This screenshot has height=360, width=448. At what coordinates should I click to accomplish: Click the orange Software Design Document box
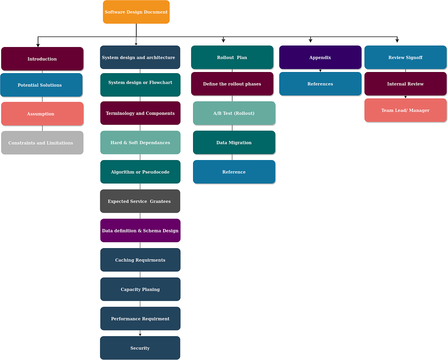click(136, 12)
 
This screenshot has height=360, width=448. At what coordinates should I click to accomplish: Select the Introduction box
click(42, 59)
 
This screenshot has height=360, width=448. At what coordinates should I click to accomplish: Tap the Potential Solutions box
click(41, 85)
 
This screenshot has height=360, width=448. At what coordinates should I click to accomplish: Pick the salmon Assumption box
click(42, 114)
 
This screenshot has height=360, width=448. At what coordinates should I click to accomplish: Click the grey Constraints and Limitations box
click(42, 143)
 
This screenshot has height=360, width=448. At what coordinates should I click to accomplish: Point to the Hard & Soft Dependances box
click(140, 143)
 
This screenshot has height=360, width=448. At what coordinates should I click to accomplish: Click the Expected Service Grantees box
click(140, 201)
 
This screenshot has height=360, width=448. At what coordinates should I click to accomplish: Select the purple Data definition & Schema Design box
click(140, 231)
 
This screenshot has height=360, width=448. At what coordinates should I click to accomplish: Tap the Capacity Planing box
click(140, 289)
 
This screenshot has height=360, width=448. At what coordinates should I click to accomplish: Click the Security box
click(140, 348)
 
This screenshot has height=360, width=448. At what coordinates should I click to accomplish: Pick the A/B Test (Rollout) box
click(234, 113)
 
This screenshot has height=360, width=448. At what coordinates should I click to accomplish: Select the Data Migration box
click(234, 143)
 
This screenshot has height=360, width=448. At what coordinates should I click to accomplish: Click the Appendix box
click(320, 57)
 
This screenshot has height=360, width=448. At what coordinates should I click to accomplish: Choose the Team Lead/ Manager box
click(405, 110)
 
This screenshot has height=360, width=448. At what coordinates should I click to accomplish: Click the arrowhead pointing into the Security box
click(140, 334)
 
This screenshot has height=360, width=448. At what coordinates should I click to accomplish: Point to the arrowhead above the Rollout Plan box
click(223, 40)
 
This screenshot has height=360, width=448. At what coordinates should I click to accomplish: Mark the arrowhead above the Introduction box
click(38, 45)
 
